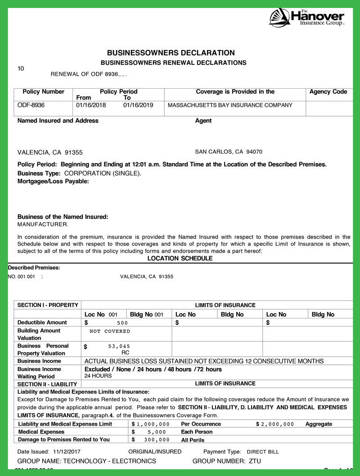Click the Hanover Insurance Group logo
click(307, 18)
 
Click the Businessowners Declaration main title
click(171, 53)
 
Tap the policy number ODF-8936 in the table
click(31, 105)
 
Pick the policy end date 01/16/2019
click(138, 105)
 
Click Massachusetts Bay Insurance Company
click(230, 105)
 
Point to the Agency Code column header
click(328, 92)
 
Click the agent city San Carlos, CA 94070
click(229, 152)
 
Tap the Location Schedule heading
click(180, 258)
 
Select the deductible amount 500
click(122, 323)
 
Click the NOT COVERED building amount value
click(110, 331)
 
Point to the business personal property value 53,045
click(119, 346)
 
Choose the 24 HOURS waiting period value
click(98, 376)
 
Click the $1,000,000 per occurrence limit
click(151, 424)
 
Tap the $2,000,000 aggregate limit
click(275, 424)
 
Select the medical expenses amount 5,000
click(157, 432)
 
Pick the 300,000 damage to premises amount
click(157, 440)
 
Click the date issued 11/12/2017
click(66, 452)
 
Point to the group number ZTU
click(255, 461)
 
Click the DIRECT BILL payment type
click(263, 452)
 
